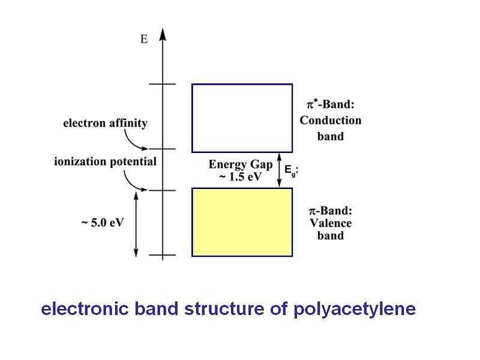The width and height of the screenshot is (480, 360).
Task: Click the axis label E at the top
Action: (144, 40)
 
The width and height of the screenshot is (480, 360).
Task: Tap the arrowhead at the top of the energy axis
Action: (163, 33)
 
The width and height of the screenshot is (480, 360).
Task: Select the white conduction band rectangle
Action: (242, 118)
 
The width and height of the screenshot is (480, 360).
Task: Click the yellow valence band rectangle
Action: (242, 222)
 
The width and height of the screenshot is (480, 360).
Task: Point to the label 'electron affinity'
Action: (105, 124)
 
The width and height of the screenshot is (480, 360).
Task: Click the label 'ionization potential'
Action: (104, 161)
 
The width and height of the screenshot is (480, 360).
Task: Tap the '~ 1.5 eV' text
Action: (240, 175)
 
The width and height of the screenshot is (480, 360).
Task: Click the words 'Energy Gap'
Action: (240, 164)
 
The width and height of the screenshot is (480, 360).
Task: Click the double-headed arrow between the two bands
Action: (278, 170)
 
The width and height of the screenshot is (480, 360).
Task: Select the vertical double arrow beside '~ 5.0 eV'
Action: (137, 223)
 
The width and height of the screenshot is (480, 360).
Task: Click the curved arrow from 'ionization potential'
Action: (133, 181)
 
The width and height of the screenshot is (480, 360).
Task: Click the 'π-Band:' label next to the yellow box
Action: (330, 211)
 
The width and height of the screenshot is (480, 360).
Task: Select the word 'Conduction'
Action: (331, 120)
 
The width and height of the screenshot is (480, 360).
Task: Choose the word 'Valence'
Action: (331, 223)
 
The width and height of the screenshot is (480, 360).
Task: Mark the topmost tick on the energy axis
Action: (163, 84)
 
